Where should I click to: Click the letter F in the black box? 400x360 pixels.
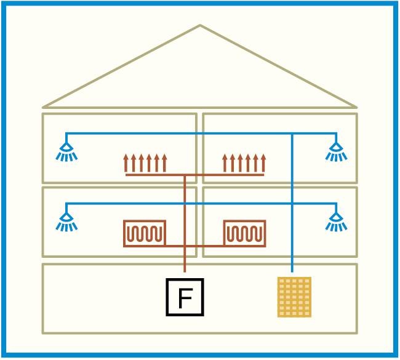click(x=185, y=298)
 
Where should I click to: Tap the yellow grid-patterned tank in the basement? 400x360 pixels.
click(x=294, y=297)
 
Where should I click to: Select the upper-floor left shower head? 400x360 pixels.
click(x=66, y=152)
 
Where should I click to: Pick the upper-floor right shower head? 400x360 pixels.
click(x=336, y=152)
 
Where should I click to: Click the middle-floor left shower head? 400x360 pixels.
click(x=66, y=222)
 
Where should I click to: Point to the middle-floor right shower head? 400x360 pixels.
click(x=336, y=222)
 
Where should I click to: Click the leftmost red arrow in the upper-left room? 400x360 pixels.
click(x=126, y=163)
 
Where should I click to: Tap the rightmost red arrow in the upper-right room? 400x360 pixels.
click(x=263, y=163)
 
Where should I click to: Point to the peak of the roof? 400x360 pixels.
click(x=200, y=25)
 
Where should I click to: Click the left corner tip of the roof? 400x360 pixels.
click(x=44, y=107)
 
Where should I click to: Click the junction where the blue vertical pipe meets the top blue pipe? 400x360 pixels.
click(x=292, y=134)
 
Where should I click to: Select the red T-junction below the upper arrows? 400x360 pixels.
click(x=185, y=175)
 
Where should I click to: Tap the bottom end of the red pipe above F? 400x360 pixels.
click(x=185, y=271)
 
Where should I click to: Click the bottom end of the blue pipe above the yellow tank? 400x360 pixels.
click(x=292, y=271)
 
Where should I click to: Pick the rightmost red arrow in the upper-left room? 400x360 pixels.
click(x=164, y=163)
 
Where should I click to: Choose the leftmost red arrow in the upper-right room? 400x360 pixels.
click(x=225, y=163)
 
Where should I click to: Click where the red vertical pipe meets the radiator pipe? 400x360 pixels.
click(x=185, y=246)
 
